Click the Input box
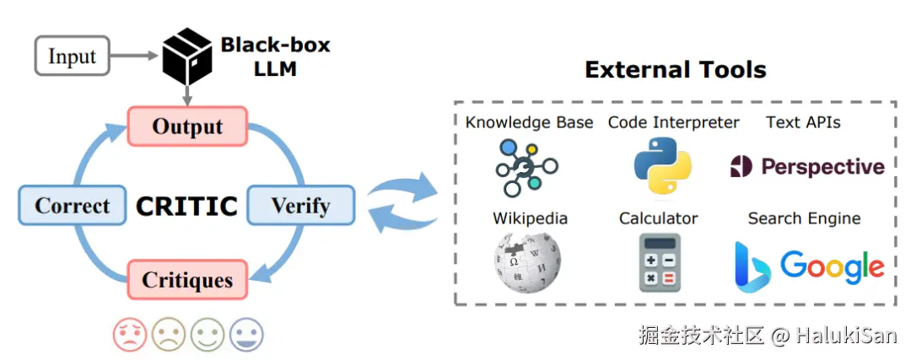click(72, 56)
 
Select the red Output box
click(187, 126)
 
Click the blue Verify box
click(300, 205)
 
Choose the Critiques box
click(187, 278)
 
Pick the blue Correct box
click(72, 205)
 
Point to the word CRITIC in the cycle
click(186, 205)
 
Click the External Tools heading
click(676, 69)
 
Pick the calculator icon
click(660, 262)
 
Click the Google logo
click(832, 266)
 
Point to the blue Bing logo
click(752, 266)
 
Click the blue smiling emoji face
click(246, 334)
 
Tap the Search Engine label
click(804, 218)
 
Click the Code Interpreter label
click(673, 122)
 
